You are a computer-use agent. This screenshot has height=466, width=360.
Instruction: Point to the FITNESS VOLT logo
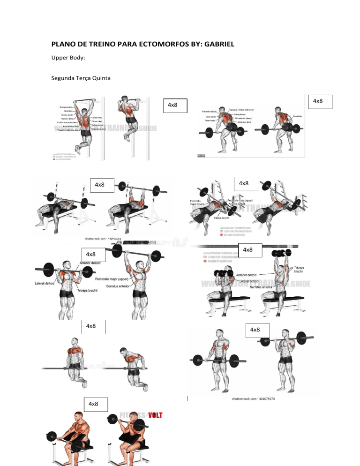pos(142,417)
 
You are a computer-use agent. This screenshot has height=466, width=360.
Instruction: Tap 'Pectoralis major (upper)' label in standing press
pos(117,278)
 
